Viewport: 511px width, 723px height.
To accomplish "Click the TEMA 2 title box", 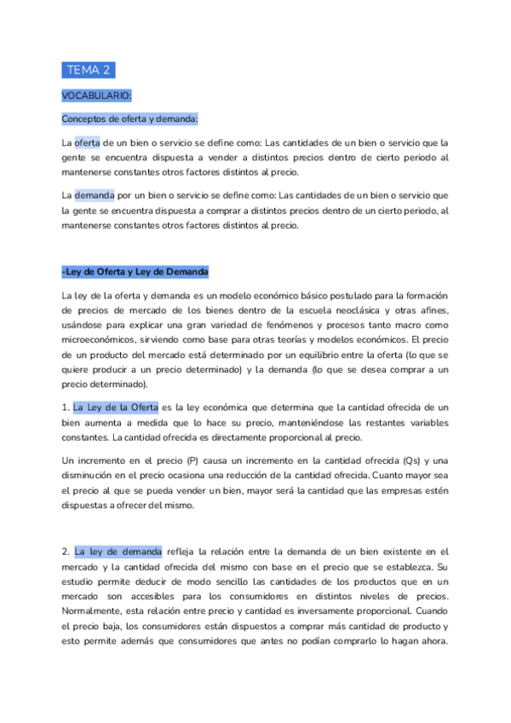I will [x=89, y=70].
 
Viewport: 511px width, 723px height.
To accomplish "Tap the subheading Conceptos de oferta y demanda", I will [x=129, y=119].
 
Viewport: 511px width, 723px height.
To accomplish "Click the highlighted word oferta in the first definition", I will [x=88, y=142].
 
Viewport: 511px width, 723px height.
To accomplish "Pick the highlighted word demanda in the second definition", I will [x=94, y=194].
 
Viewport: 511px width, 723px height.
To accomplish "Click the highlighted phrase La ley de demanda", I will [x=118, y=552].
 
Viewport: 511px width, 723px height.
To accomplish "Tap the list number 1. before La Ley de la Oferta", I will [x=66, y=408].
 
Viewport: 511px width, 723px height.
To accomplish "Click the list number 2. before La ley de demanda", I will [x=66, y=552].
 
